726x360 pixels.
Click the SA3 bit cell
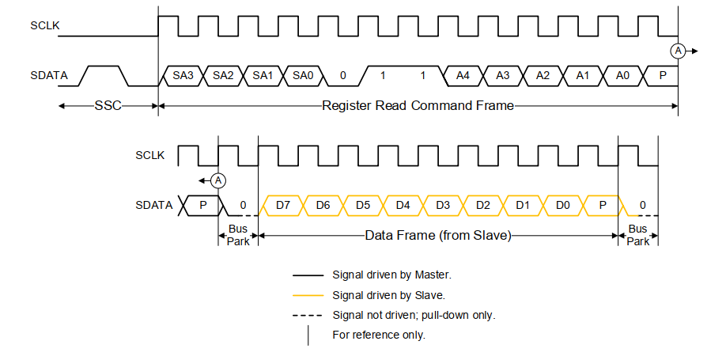click(x=183, y=76)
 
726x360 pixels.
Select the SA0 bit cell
click(x=303, y=76)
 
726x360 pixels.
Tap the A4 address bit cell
click(x=463, y=76)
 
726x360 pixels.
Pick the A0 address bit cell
click(x=622, y=76)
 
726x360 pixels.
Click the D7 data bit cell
click(x=283, y=205)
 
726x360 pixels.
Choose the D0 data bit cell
click(x=562, y=205)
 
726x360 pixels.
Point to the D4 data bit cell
click(x=403, y=205)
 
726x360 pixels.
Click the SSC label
click(x=108, y=105)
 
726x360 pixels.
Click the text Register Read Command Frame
click(x=418, y=105)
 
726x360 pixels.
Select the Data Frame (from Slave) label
click(x=438, y=235)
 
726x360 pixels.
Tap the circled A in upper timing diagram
click(x=678, y=51)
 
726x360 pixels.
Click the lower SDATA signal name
click(x=153, y=205)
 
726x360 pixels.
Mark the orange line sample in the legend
click(x=308, y=295)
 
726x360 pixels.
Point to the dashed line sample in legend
click(x=308, y=315)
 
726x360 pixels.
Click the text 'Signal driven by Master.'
click(x=391, y=275)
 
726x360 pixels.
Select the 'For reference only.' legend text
click(x=379, y=335)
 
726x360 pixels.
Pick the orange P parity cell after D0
click(x=603, y=205)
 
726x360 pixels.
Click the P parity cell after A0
click(x=662, y=76)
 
